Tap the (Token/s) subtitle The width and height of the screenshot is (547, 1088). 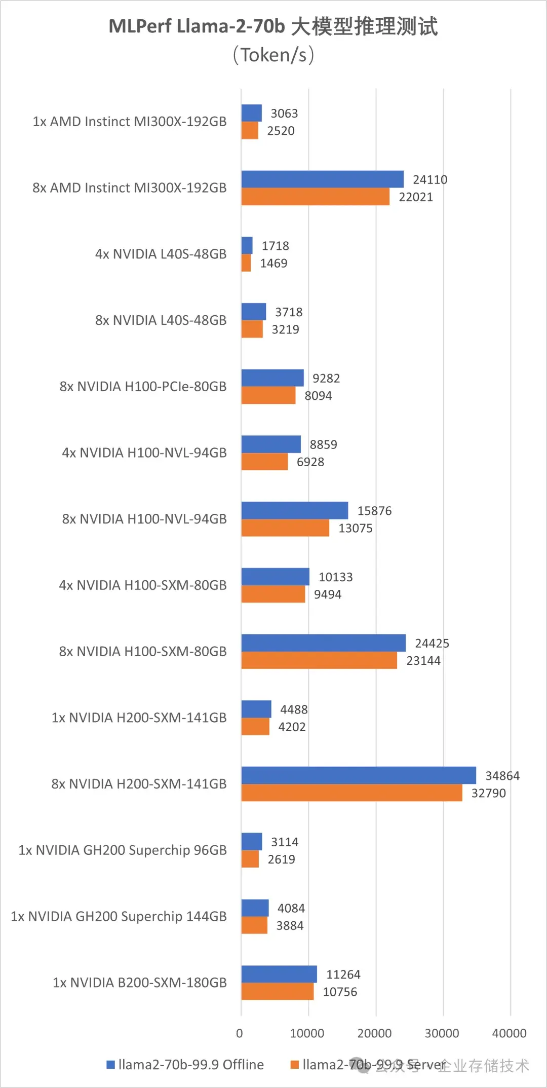click(273, 55)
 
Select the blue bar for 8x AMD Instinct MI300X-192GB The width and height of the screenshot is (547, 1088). click(322, 179)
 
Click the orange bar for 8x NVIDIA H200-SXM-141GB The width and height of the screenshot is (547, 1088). click(351, 793)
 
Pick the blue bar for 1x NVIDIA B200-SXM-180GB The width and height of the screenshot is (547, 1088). click(279, 974)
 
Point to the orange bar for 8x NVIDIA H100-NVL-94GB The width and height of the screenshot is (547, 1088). click(285, 528)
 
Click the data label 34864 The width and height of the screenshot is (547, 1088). click(502, 776)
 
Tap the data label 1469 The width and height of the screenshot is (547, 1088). click(273, 263)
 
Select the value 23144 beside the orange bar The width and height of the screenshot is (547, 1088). click(423, 661)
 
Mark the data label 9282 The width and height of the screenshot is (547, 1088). click(326, 379)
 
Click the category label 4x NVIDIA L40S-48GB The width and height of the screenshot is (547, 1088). click(161, 254)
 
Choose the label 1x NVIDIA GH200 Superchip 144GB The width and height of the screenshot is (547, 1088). click(119, 916)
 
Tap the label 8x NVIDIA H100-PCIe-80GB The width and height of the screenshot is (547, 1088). click(143, 386)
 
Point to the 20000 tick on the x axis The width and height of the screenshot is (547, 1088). click(374, 1033)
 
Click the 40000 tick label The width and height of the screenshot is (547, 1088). click(509, 1033)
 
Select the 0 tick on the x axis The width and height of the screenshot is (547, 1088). click(240, 1033)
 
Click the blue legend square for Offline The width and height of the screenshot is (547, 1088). click(110, 1065)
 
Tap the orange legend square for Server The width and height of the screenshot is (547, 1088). click(294, 1065)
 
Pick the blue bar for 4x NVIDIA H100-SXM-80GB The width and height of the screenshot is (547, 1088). click(275, 577)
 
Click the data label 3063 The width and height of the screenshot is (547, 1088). click(284, 114)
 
